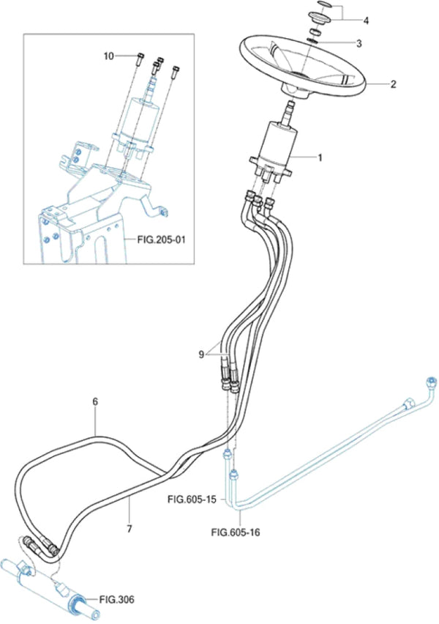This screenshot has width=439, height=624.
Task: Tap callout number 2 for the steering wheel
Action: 393,84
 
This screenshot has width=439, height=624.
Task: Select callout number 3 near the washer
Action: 358,43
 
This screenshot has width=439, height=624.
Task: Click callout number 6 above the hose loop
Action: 94,402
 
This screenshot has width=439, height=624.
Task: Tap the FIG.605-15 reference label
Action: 191,500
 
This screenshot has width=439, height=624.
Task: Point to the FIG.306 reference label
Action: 117,598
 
